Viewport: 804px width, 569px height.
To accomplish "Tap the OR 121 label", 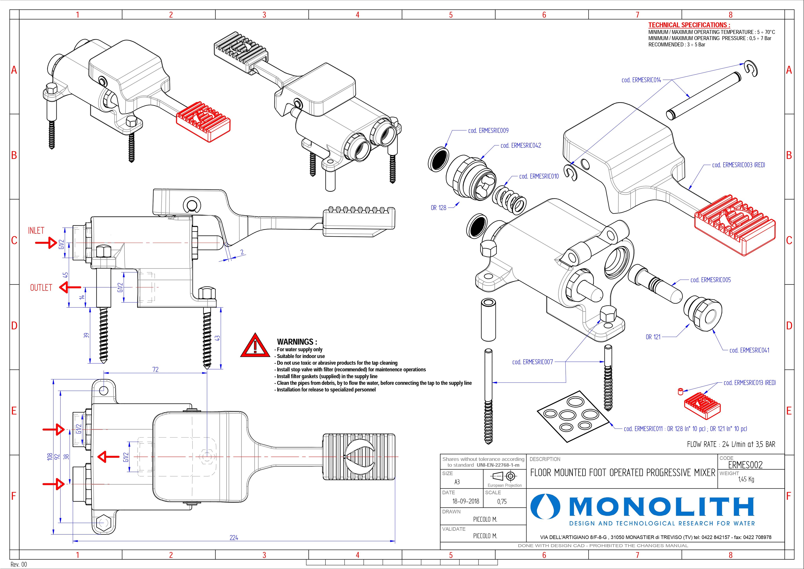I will pos(653,337).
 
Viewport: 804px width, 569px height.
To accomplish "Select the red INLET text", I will pos(36,231).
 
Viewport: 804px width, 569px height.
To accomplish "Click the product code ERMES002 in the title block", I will pos(745,465).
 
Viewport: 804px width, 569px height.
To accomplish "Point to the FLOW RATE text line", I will pos(731,444).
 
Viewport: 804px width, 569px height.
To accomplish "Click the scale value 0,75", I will pos(502,502).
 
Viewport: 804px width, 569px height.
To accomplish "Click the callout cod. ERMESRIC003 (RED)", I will pos(738,165).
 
